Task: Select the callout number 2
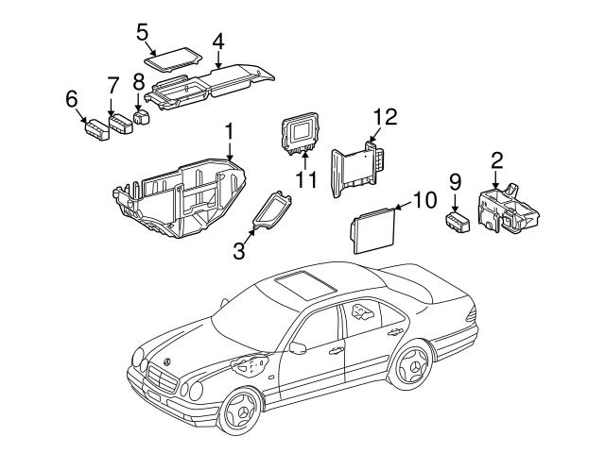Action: [x=496, y=159]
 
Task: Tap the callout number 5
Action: [x=143, y=31]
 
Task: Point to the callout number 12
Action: [x=386, y=119]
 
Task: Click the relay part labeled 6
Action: [x=95, y=128]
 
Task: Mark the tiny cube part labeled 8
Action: [x=141, y=119]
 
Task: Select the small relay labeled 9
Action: [x=459, y=222]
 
